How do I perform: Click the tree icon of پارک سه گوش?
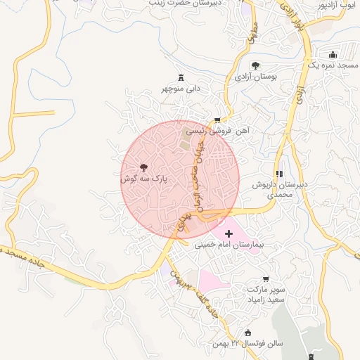point(144,167)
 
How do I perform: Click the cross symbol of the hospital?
point(228,233)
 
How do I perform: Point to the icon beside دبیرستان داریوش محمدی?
point(279,174)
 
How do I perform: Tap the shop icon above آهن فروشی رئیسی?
point(217,120)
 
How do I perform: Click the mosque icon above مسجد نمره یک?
point(333,53)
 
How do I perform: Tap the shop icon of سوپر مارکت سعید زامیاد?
point(266,279)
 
